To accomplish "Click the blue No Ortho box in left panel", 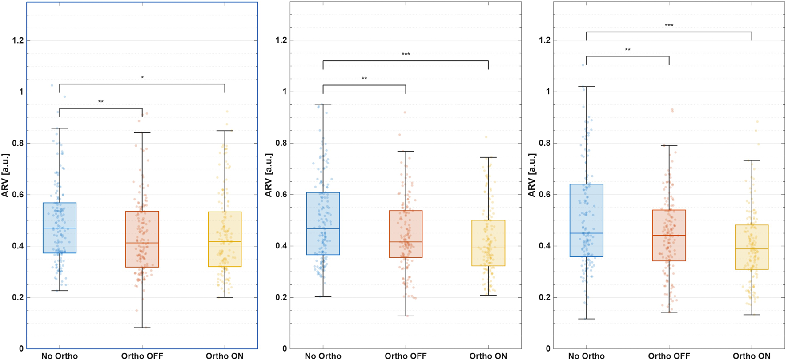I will tap(60, 228).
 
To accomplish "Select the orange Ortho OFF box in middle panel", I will tap(406, 234).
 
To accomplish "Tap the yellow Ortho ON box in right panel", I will tap(752, 247).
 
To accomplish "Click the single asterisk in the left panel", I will tap(142, 78).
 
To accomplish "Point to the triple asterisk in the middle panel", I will tap(406, 54).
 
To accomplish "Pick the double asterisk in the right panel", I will tap(627, 50).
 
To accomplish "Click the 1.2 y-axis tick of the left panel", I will tap(18, 40).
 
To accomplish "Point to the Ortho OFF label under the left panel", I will tap(142, 356).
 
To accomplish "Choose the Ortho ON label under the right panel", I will tap(752, 356).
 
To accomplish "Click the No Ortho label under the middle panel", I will tap(323, 356).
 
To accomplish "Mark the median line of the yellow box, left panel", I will tap(225, 241).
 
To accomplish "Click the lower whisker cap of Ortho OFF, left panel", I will tap(142, 328).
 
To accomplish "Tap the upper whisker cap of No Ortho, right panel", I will tap(586, 87).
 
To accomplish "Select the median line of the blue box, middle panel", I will tap(323, 228).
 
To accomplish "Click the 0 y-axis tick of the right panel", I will tap(548, 349).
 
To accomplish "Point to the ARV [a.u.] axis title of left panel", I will tap(5, 175).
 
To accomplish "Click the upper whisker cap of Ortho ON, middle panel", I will tap(488, 157).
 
